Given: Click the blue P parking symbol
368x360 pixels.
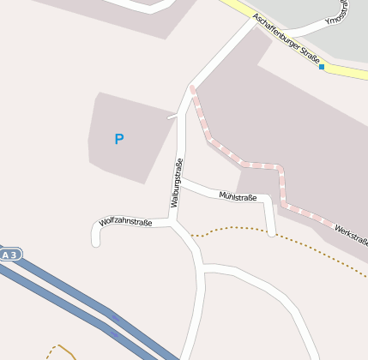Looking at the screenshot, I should (119, 139).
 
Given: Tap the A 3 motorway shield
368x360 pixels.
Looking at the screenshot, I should (10, 255).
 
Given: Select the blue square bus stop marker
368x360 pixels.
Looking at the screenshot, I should (322, 67).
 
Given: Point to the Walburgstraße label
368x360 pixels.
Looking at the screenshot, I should (177, 183).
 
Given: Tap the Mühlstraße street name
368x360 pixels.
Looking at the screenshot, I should (238, 197).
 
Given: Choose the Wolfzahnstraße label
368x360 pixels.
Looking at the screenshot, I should (125, 222).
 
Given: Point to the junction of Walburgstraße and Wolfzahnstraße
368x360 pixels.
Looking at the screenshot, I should (174, 220).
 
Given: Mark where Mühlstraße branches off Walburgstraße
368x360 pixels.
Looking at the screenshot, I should (183, 181).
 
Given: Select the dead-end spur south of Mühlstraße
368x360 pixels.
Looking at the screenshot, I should (270, 223).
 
